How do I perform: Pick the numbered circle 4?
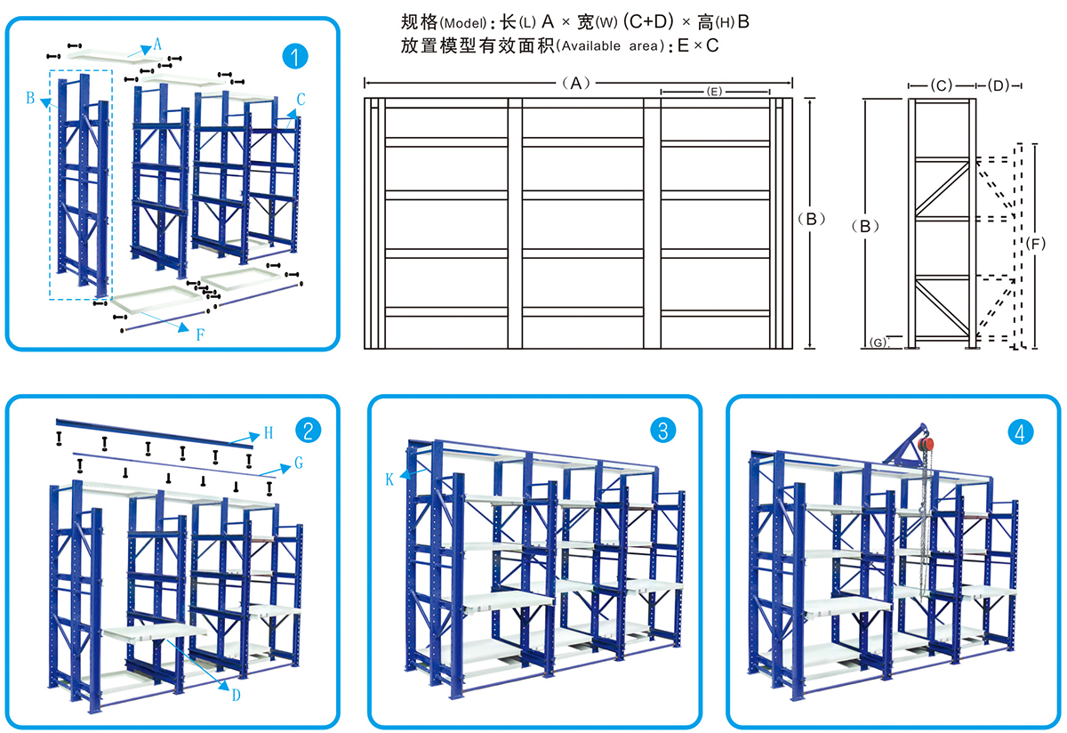click(x=1021, y=432)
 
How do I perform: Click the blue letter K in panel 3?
click(x=389, y=479)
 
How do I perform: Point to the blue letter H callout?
click(x=268, y=433)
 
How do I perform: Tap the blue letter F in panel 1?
click(x=201, y=335)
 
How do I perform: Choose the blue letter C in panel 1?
click(x=301, y=100)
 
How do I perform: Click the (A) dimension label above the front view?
click(x=575, y=83)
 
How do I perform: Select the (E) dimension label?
click(x=713, y=92)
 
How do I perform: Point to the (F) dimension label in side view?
click(x=1036, y=243)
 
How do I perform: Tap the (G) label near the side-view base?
click(x=878, y=342)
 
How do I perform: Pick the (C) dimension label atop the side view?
click(x=941, y=85)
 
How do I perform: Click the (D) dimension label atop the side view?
click(x=999, y=85)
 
